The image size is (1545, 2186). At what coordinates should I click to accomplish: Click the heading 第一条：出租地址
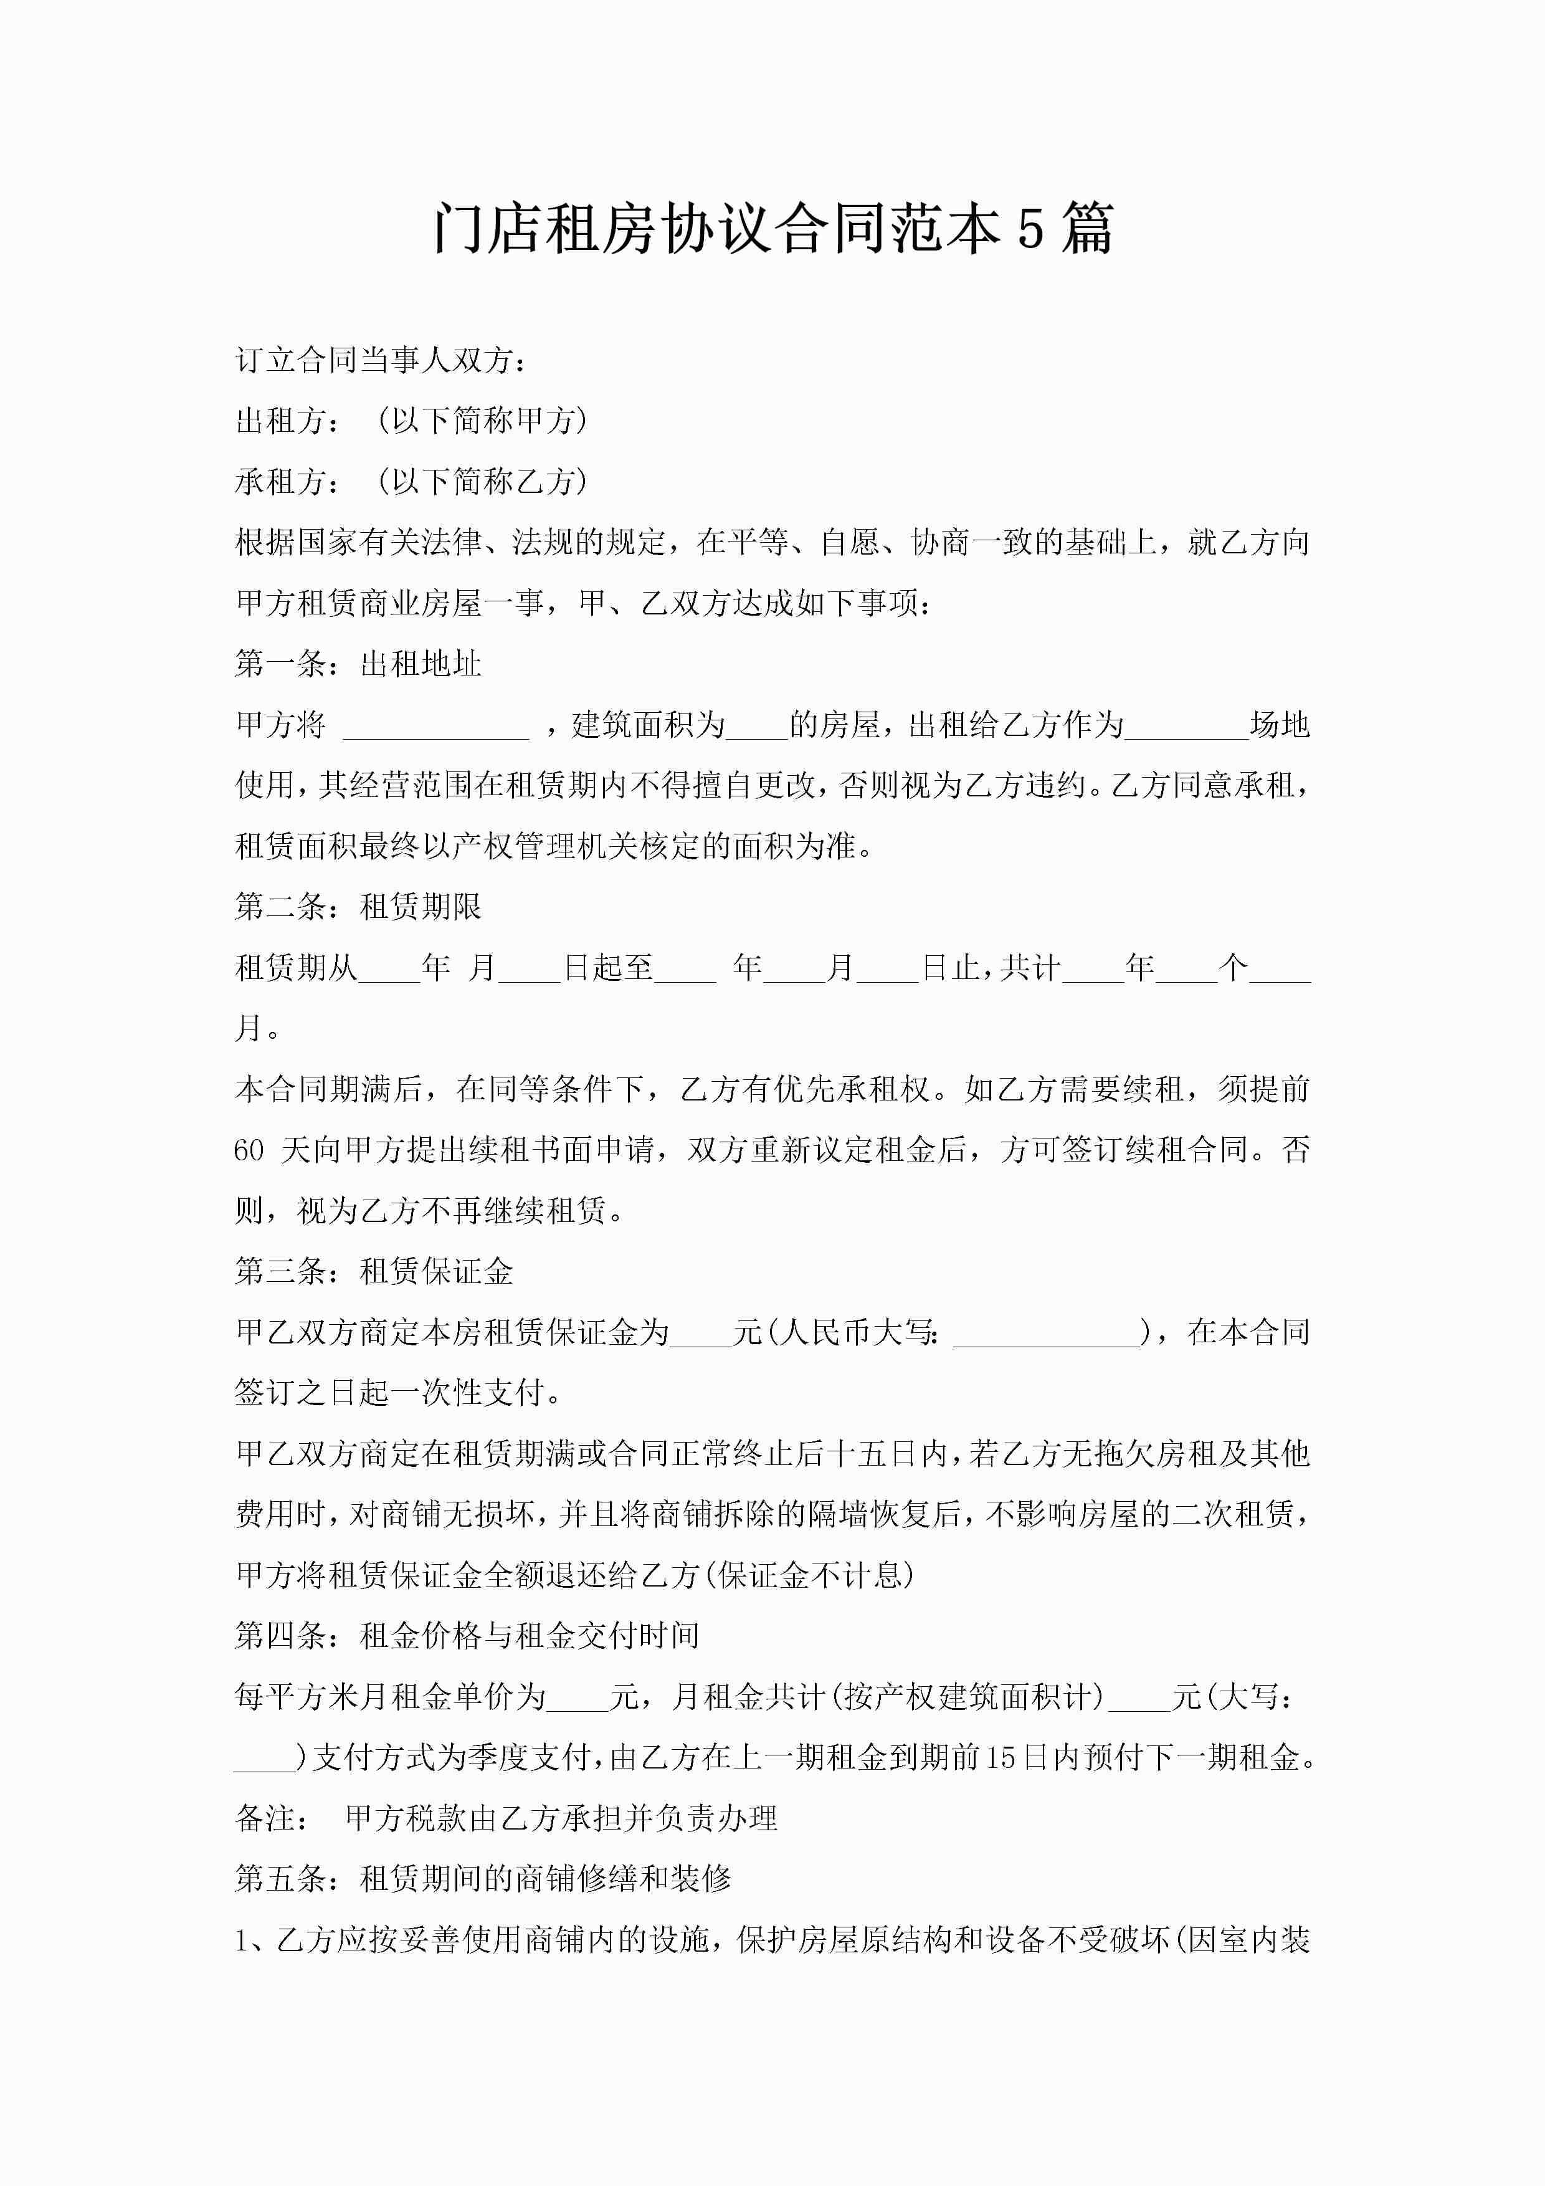[x=358, y=664]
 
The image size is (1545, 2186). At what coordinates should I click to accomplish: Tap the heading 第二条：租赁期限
[x=358, y=907]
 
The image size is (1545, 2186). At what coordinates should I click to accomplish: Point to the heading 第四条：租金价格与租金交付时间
[x=467, y=1636]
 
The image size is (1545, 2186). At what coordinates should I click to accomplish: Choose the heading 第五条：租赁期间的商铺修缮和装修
[x=483, y=1878]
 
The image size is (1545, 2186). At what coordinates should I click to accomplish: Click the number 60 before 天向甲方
[x=249, y=1150]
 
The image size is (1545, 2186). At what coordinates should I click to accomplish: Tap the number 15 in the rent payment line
[x=1001, y=1757]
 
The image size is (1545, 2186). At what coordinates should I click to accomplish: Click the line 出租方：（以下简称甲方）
[x=411, y=420]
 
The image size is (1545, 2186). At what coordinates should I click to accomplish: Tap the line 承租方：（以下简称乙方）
[x=411, y=481]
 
